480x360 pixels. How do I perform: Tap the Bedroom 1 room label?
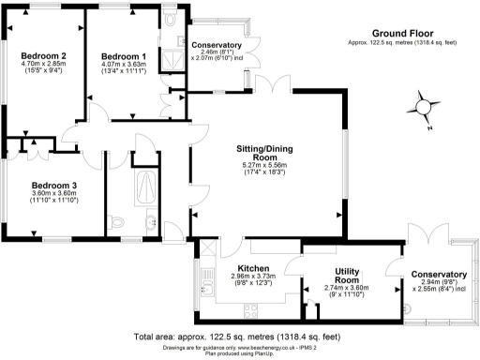tap(125, 54)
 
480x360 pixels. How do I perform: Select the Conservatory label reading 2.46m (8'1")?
tap(216, 52)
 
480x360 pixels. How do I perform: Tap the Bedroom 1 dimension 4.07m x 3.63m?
tap(125, 64)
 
